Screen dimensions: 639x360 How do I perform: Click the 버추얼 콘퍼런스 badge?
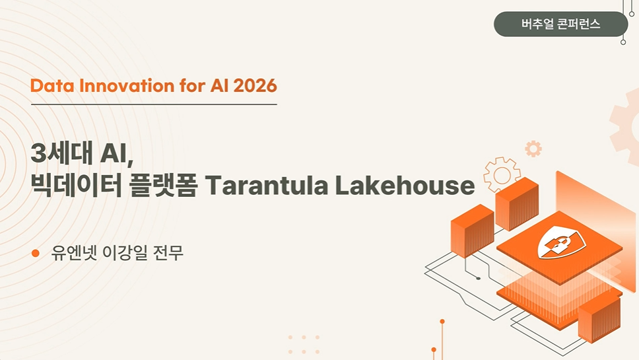[x=560, y=24]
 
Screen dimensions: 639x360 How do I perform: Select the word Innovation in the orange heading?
[x=127, y=86]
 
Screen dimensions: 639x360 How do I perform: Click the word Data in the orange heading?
[x=52, y=86]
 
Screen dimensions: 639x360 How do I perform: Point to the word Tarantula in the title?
[x=267, y=186]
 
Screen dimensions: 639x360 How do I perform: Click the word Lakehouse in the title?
[x=405, y=186]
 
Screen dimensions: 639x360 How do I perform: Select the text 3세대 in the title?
[x=62, y=153]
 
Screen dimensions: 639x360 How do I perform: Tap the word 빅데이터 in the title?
[x=76, y=186]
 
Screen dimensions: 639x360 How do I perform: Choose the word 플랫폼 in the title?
[x=163, y=186]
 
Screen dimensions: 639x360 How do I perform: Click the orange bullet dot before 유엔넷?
[x=36, y=253]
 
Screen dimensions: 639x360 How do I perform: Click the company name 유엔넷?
[x=74, y=253]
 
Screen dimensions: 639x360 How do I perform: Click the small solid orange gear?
[x=533, y=149]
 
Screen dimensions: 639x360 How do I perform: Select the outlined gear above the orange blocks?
[x=502, y=175]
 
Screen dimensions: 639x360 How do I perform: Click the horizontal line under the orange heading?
[x=154, y=104]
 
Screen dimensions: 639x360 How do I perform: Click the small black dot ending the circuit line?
[x=478, y=279]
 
